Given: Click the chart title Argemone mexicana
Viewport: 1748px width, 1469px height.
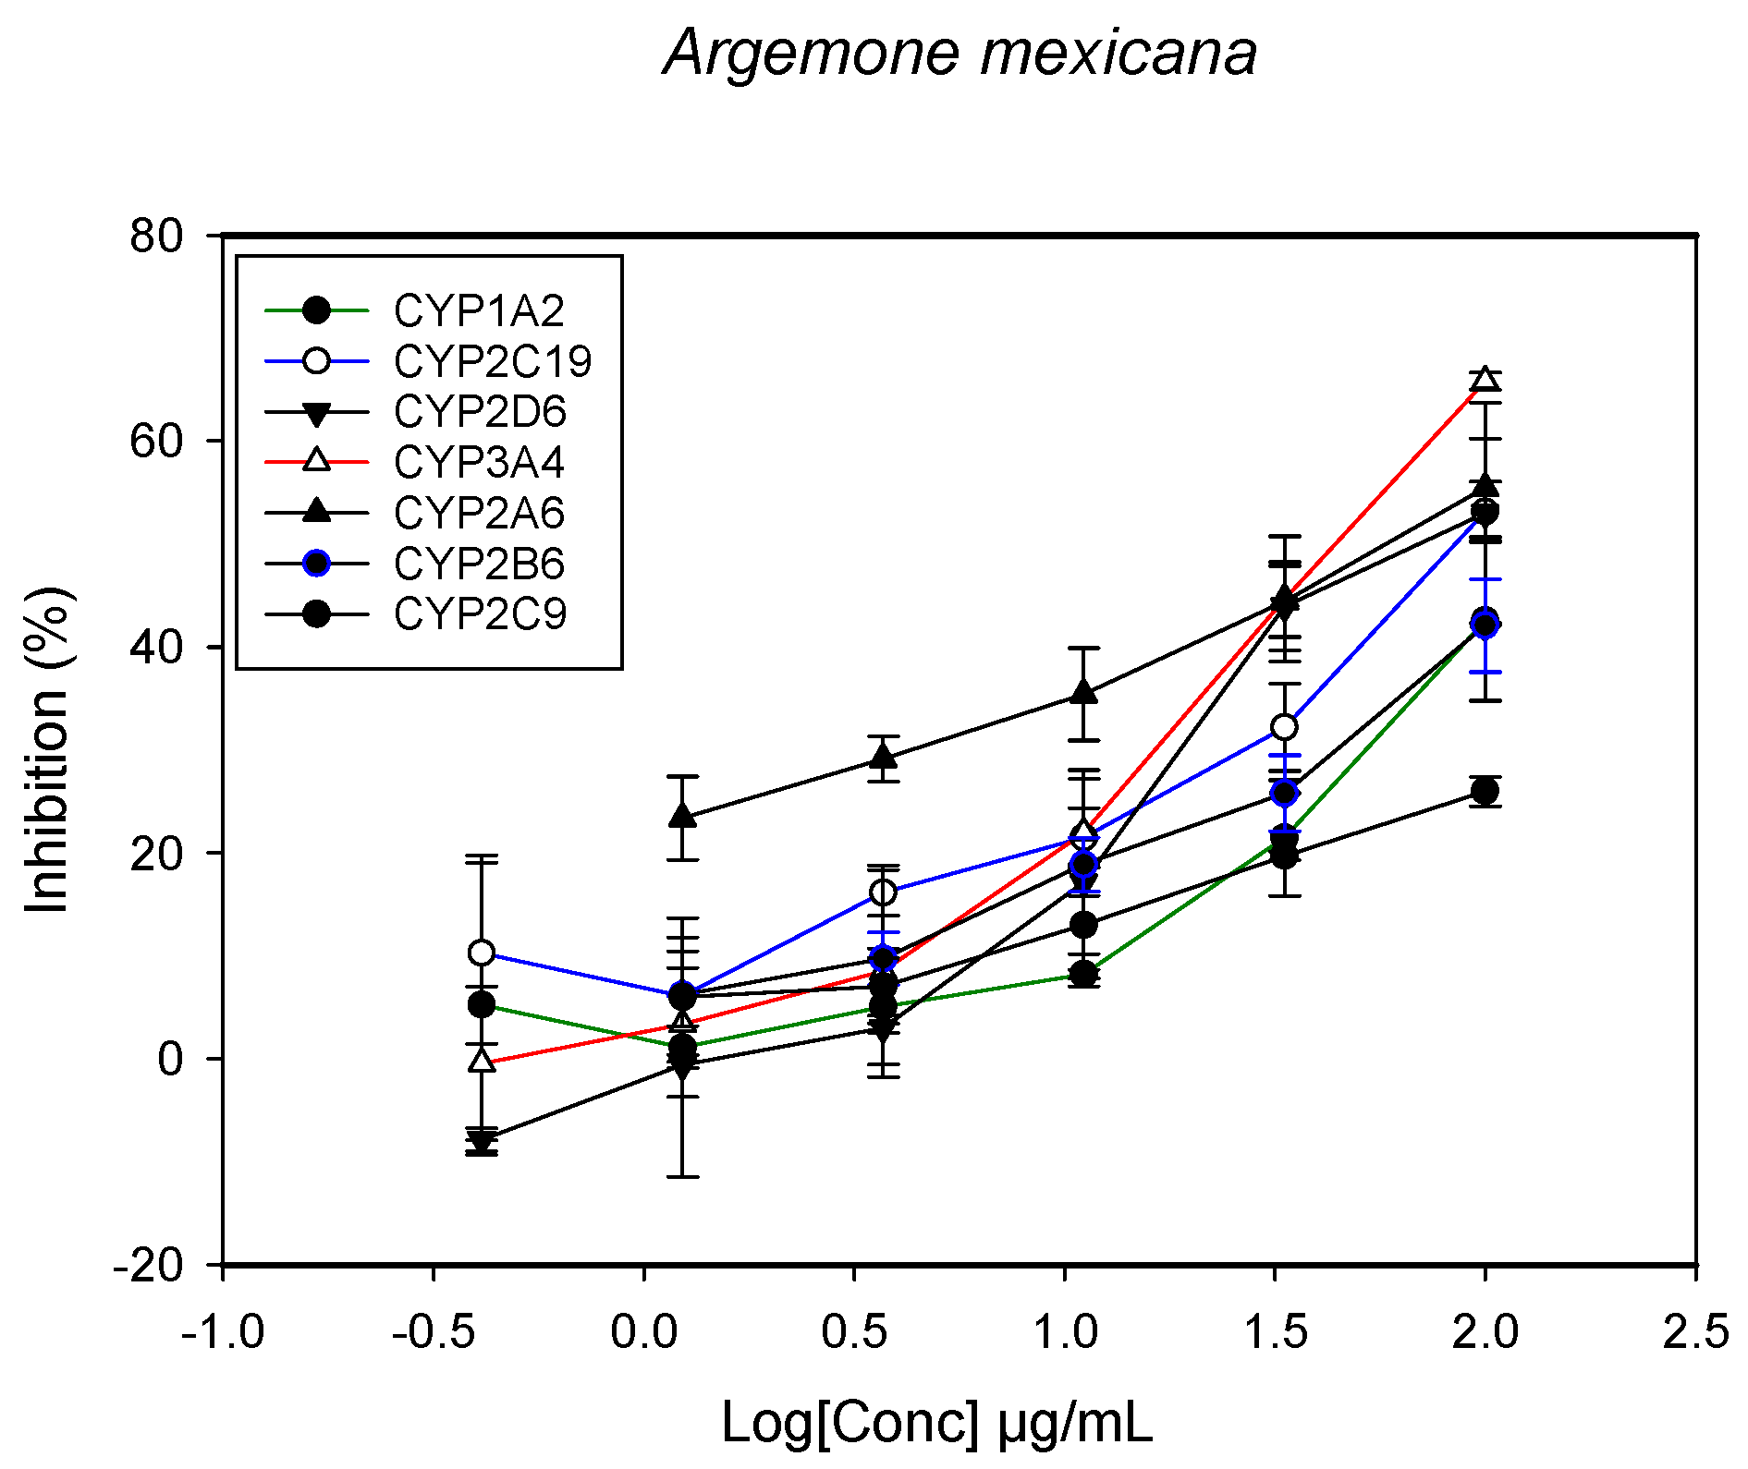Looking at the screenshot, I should [x=960, y=53].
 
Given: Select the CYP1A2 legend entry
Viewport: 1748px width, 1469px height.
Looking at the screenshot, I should [x=478, y=311].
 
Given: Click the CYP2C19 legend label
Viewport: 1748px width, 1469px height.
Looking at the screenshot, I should [x=492, y=361].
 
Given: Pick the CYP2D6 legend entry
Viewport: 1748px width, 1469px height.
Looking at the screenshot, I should [x=479, y=412].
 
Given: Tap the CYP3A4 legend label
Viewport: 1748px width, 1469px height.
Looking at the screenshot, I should [x=478, y=462].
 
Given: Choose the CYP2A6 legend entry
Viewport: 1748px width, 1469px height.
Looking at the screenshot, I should [x=478, y=514].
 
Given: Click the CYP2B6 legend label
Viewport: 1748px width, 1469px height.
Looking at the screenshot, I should [x=478, y=564].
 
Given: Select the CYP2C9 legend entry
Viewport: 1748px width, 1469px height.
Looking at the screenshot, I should [x=479, y=614].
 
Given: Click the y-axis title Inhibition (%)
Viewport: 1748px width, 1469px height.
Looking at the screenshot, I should [x=48, y=749].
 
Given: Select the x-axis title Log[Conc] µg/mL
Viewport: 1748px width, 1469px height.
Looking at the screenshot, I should [x=935, y=1422].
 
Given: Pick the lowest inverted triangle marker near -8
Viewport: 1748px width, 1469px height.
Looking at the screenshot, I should [x=481, y=1140].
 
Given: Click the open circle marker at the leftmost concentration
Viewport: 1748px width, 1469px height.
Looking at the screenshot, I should [x=481, y=953].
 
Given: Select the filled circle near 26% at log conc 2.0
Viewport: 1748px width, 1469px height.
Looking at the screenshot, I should [x=1485, y=791].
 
